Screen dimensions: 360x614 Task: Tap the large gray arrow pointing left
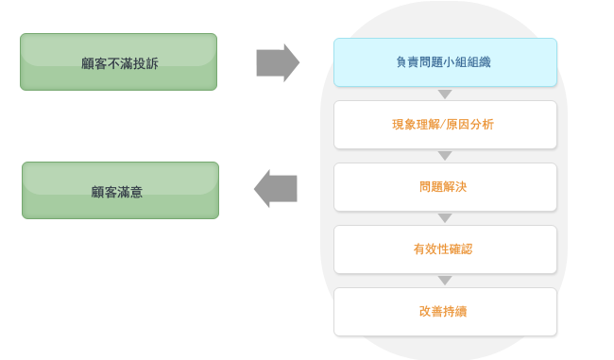[276, 188]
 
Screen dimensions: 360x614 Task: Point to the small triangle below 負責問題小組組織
[445, 94]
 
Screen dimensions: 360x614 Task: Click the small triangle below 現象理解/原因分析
[445, 156]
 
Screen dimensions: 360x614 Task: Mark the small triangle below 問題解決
[445, 218]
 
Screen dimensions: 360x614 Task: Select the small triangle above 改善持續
[445, 281]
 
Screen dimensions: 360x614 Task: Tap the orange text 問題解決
[443, 186]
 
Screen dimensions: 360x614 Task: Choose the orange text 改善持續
[443, 311]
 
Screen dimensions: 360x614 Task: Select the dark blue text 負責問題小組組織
[442, 61]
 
